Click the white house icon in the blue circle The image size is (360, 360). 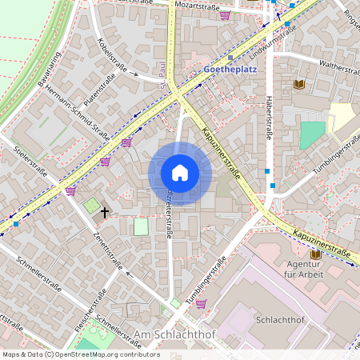click(180, 173)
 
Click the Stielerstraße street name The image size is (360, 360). click(25, 163)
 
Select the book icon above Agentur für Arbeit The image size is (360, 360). click(315, 254)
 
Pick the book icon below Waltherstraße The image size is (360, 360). click(300, 84)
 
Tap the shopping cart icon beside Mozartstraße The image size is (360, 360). click(225, 14)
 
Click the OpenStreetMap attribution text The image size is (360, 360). click(80, 354)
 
